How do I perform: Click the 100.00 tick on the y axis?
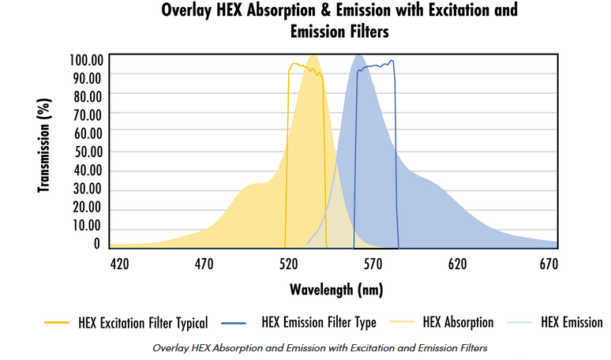pyautogui.click(x=86, y=60)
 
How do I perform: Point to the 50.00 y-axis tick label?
pyautogui.click(x=88, y=152)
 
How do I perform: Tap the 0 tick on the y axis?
pyautogui.click(x=96, y=245)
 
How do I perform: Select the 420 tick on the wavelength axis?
pyautogui.click(x=119, y=264)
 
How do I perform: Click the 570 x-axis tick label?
pyautogui.click(x=373, y=264)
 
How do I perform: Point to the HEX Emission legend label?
pyautogui.click(x=572, y=322)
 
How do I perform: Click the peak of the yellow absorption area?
pyautogui.click(x=313, y=56)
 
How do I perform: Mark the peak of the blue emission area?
pyautogui.click(x=359, y=55)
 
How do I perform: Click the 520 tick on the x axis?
pyautogui.click(x=288, y=264)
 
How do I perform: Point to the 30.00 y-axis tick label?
pyautogui.click(x=88, y=189)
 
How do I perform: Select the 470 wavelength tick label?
pyautogui.click(x=204, y=264)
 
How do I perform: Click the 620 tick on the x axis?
pyautogui.click(x=457, y=264)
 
